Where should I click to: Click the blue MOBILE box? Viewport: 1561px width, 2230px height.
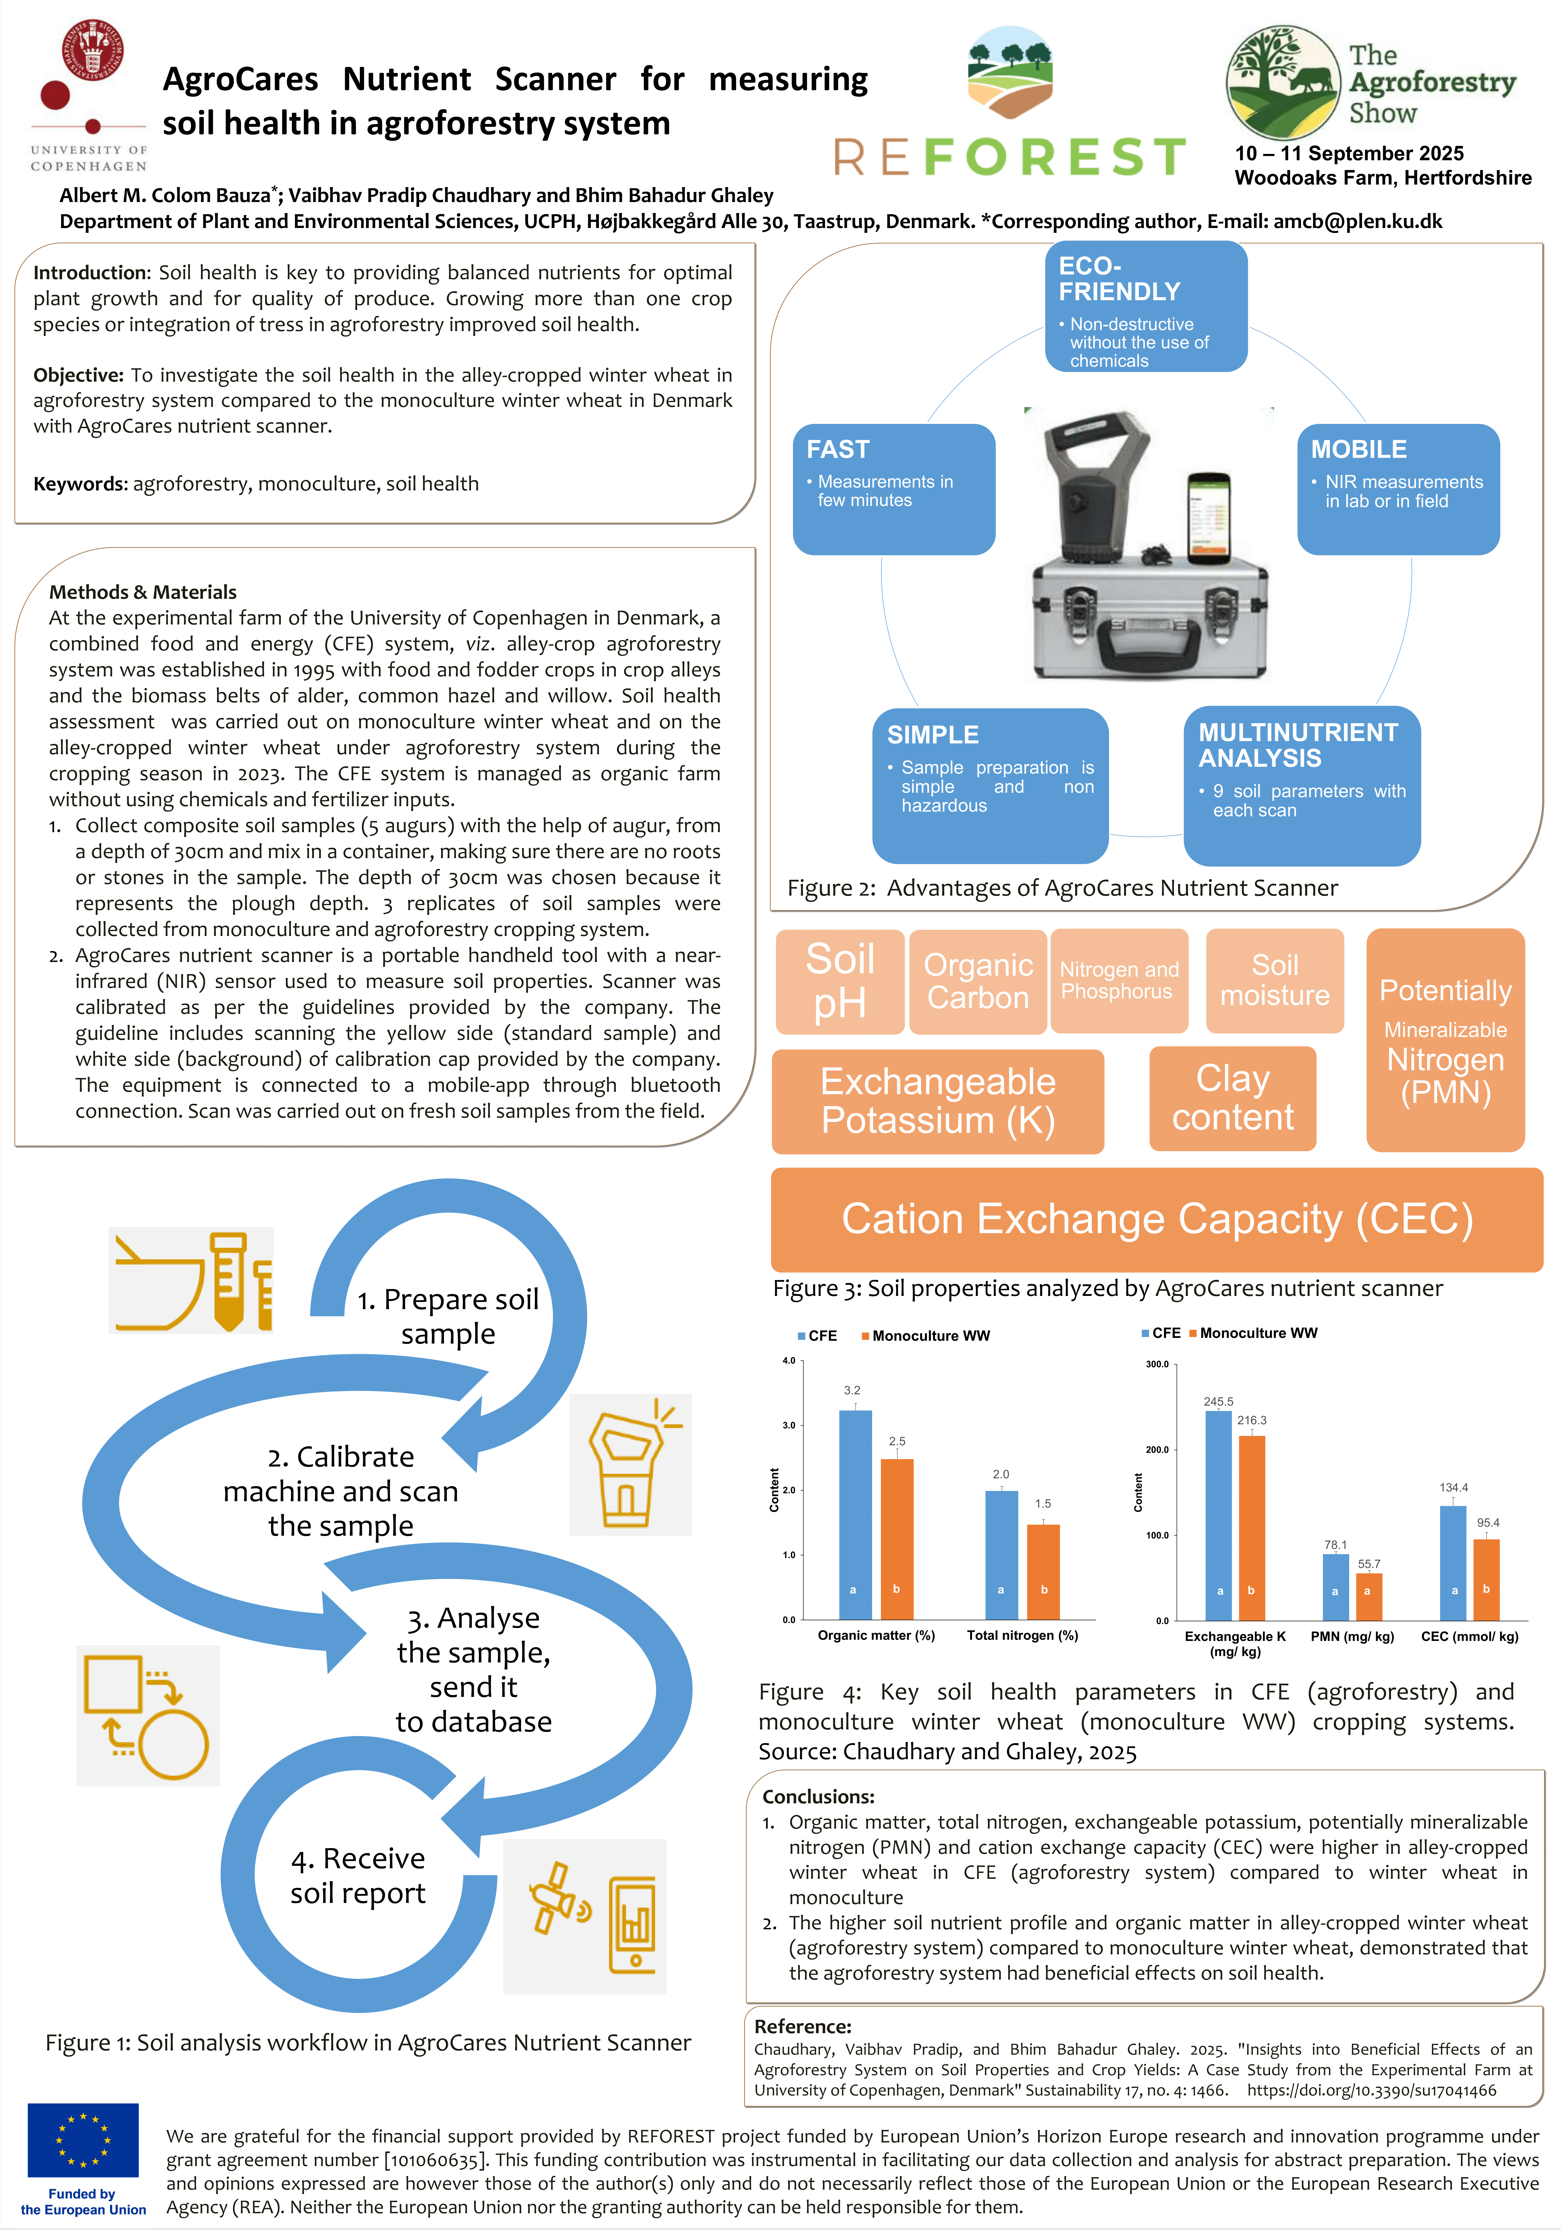(x=1398, y=489)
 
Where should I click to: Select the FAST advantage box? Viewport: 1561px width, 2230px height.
(x=894, y=489)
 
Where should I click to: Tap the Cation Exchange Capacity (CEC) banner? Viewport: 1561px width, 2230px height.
(x=1156, y=1219)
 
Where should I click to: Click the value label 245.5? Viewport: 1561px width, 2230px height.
(x=1218, y=1402)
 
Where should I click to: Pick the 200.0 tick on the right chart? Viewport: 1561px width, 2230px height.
(x=1157, y=1450)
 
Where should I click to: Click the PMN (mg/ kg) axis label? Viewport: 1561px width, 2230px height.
(x=1352, y=1636)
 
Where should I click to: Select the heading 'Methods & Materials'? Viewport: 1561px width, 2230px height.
(x=143, y=591)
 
